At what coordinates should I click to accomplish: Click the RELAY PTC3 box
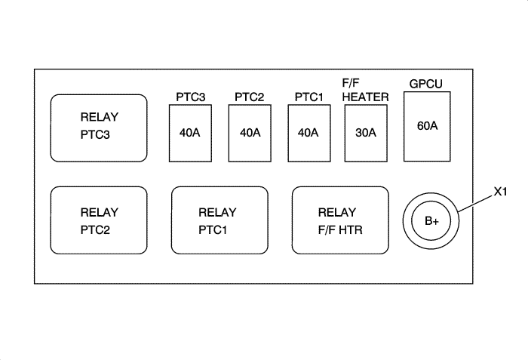(x=98, y=128)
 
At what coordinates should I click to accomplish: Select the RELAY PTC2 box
(x=98, y=220)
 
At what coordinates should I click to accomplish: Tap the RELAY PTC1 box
(x=219, y=220)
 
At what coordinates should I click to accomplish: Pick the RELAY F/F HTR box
(x=340, y=220)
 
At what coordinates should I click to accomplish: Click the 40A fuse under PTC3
(x=190, y=133)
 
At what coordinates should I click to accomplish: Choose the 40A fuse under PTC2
(x=250, y=133)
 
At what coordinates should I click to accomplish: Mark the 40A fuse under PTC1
(x=309, y=133)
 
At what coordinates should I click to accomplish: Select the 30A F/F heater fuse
(x=366, y=133)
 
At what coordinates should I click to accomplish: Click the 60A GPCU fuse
(x=428, y=126)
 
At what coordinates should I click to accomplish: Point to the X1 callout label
(x=499, y=192)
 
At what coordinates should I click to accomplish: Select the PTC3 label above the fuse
(x=190, y=97)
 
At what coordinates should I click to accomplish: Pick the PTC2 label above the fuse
(x=250, y=97)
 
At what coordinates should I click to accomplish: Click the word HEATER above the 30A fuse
(x=365, y=97)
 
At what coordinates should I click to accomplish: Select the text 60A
(x=428, y=125)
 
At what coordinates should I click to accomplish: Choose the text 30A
(x=366, y=133)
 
